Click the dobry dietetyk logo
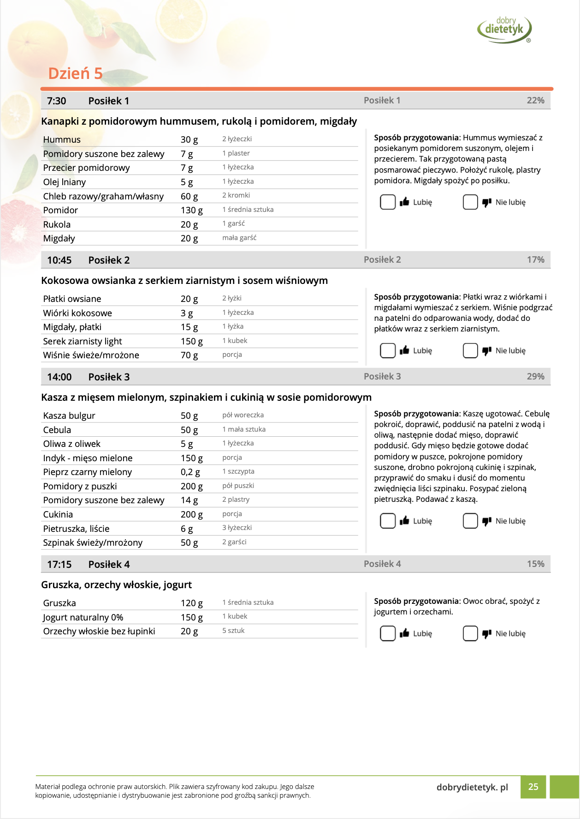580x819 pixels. pos(504,29)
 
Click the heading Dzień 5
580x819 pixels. pos(75,73)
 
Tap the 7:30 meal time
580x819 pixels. pos(57,101)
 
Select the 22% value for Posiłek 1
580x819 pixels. pos(535,101)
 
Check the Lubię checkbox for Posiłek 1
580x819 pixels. pos(387,202)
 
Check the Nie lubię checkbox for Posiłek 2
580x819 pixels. pos(470,351)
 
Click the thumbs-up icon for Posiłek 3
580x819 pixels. pos(404,521)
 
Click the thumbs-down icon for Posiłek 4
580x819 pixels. pos(486,634)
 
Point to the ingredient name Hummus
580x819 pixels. pos(62,140)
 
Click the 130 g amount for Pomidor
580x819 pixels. pos(191,211)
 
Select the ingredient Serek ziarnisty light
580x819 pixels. pos(83,342)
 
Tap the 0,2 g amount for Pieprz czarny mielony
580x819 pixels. pos(190,472)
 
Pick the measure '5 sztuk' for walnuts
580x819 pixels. pos(233,631)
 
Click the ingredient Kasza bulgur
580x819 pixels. pos(69,416)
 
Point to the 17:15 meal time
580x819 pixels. pos(59,565)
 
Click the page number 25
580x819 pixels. pos(533,787)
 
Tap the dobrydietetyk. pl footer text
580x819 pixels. pos(472,788)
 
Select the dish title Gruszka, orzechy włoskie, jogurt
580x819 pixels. pos(116,585)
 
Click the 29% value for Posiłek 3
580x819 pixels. pos(535,377)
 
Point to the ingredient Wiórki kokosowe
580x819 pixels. pos(77,313)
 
